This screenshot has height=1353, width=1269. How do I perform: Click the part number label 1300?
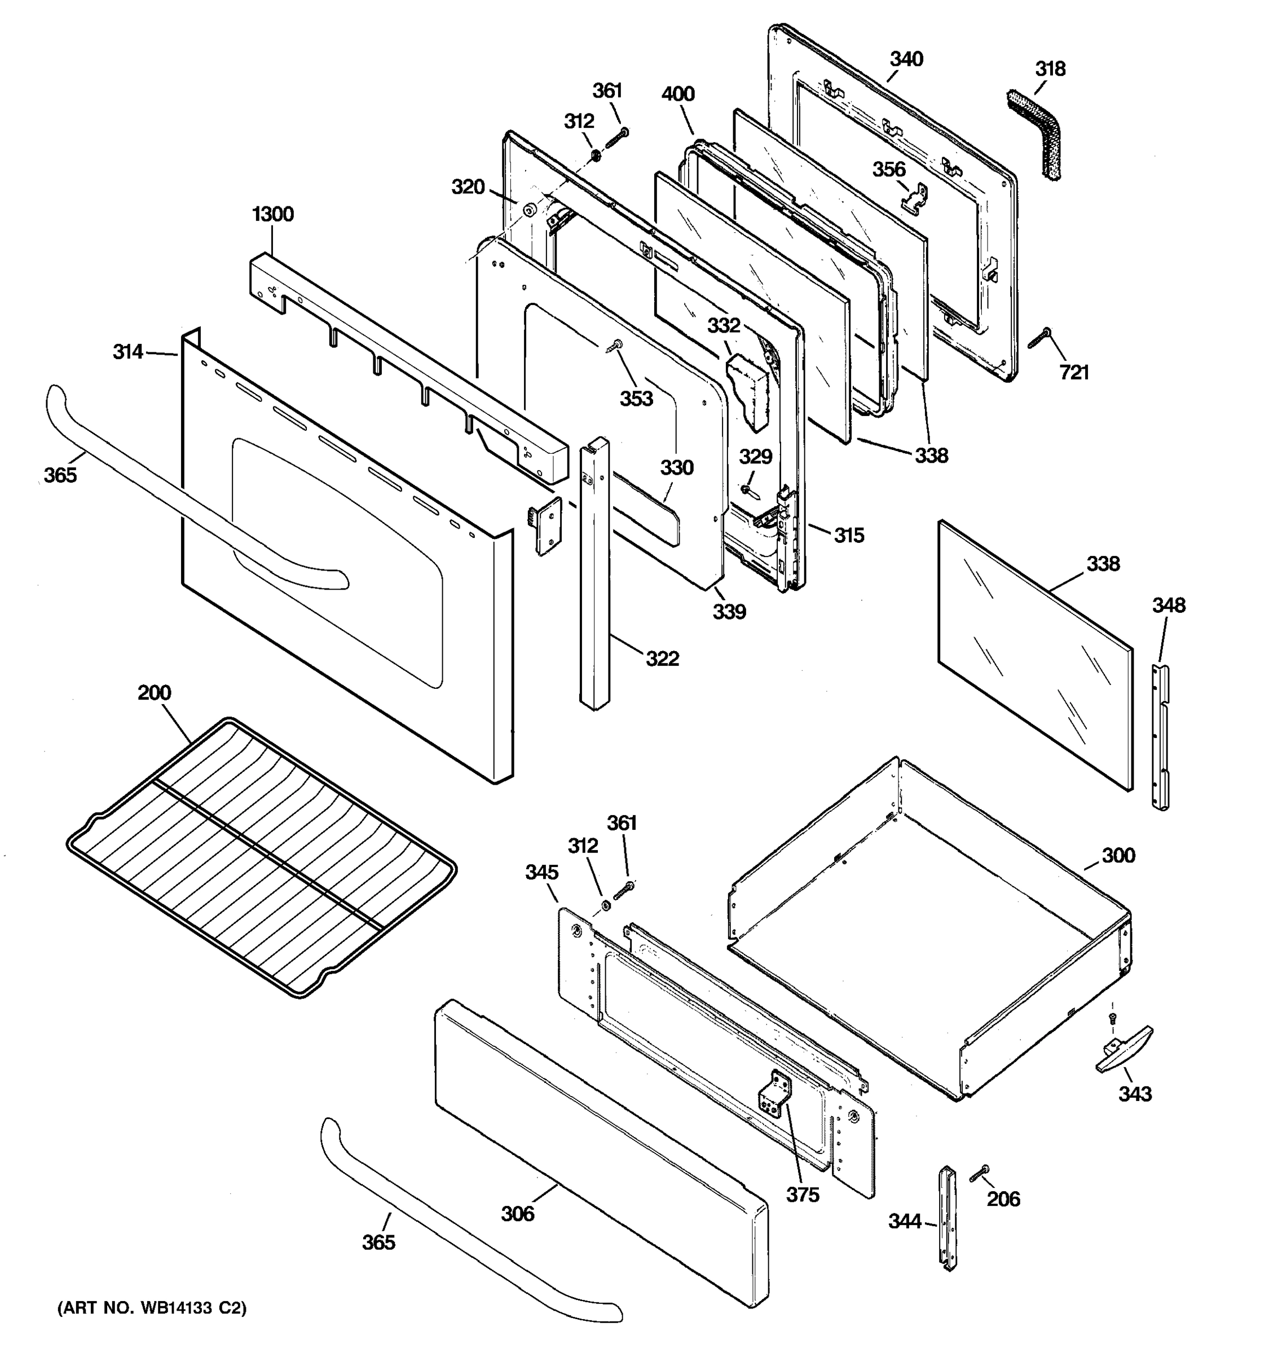[x=272, y=214]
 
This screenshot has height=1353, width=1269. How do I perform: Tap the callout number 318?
[x=1051, y=69]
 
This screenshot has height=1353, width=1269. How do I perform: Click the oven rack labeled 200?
[x=262, y=857]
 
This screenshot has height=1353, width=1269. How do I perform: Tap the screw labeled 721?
[x=1039, y=338]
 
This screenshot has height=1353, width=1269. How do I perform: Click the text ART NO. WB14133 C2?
[x=152, y=1308]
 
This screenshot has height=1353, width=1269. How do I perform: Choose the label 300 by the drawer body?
[x=1118, y=856]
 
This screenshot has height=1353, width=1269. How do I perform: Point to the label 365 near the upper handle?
[x=60, y=475]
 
